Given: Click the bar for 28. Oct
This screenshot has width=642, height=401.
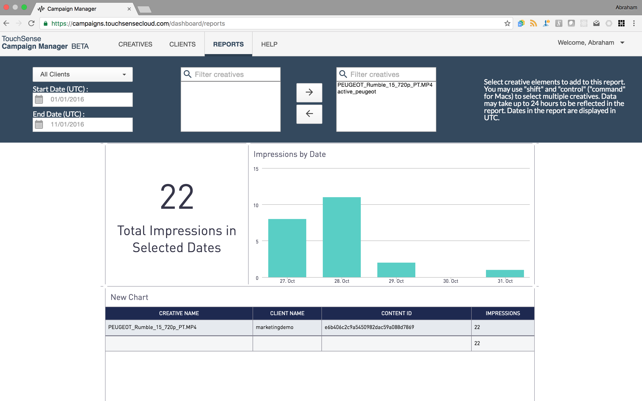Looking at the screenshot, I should [342, 237].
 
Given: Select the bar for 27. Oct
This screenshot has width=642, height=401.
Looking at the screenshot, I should [287, 248].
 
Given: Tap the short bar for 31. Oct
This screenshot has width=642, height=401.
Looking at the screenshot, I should [505, 273].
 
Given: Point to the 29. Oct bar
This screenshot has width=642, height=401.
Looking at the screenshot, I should [396, 270].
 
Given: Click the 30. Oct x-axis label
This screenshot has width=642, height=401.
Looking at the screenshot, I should [451, 281].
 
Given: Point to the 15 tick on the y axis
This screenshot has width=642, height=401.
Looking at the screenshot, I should [256, 169].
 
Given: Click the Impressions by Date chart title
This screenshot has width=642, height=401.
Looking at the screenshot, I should [289, 154].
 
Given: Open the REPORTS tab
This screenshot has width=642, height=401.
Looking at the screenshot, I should [228, 44].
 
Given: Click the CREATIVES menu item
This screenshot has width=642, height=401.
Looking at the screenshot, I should [135, 44].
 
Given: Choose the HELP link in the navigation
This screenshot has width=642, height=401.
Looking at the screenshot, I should [269, 44].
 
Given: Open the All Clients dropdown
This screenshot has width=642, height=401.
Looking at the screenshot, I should [82, 74].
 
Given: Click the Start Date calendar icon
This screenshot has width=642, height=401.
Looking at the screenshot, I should [39, 99].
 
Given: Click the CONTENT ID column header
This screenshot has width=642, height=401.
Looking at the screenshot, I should [396, 313].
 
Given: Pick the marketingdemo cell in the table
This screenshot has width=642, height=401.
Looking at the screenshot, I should [275, 327].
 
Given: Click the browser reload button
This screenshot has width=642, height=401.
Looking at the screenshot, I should [32, 23].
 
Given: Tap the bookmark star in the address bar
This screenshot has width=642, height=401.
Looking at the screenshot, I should [507, 23].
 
